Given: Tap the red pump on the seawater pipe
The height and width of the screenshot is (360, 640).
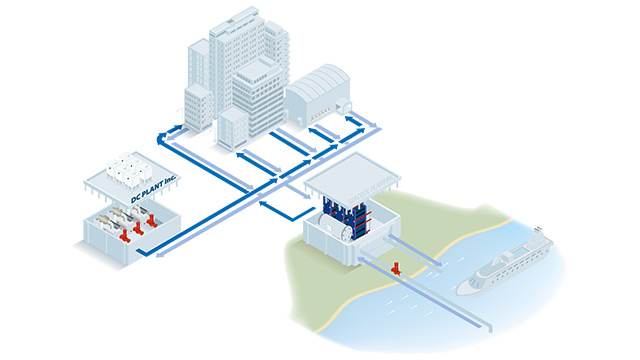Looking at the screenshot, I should click(x=398, y=267).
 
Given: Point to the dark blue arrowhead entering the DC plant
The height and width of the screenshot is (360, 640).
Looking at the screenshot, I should click(x=142, y=253).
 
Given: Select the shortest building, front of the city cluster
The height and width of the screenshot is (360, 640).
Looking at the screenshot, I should click(x=231, y=128).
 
